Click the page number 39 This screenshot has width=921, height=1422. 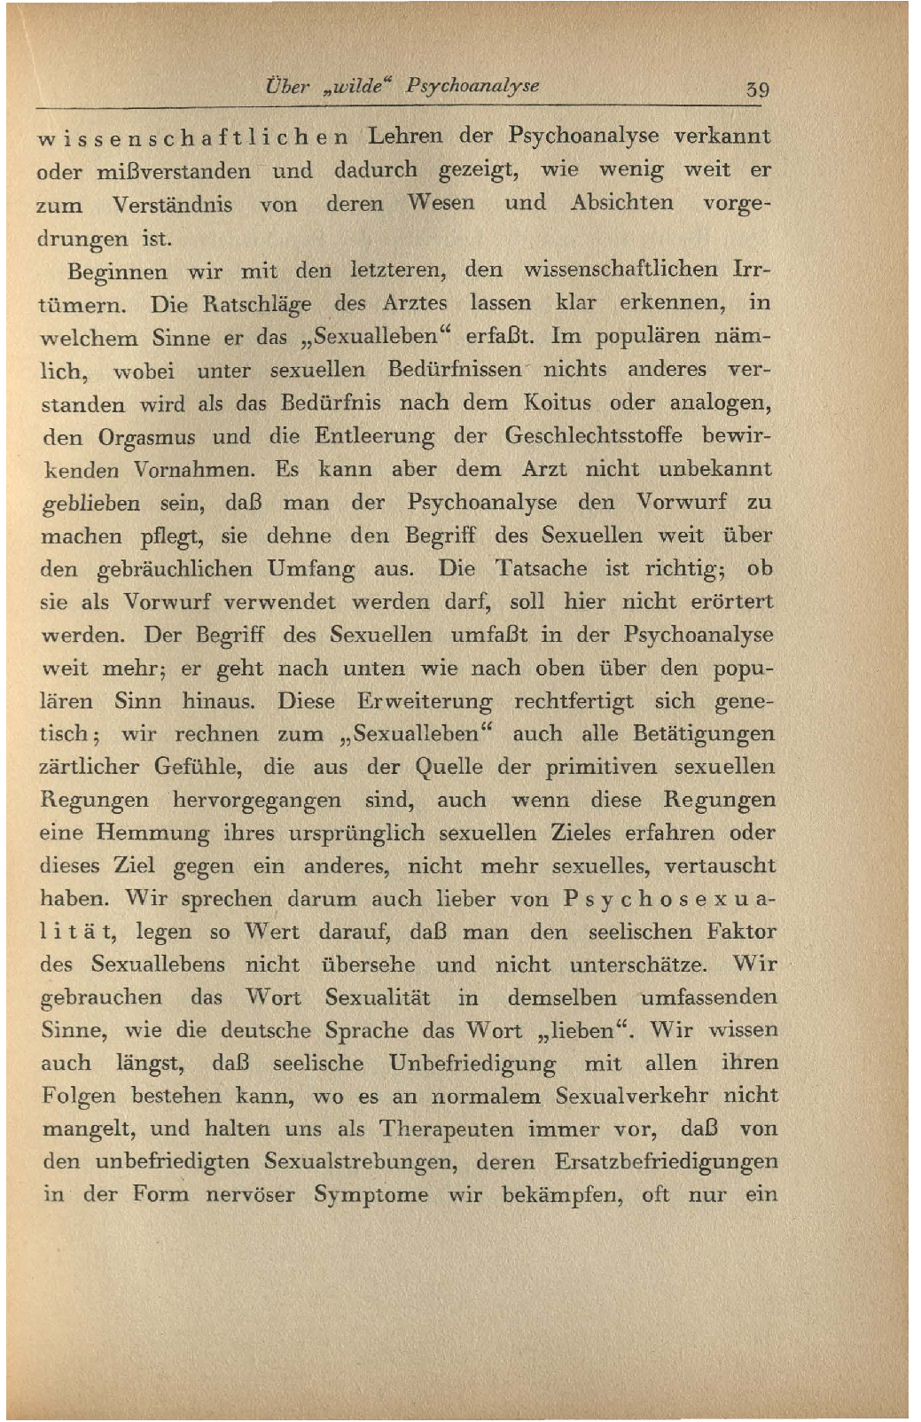[x=757, y=90]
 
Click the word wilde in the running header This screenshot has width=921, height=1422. [x=363, y=87]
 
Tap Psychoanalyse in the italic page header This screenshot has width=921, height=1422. [x=472, y=87]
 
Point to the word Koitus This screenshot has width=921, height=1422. [x=557, y=403]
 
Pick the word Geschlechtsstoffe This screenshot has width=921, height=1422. [x=593, y=436]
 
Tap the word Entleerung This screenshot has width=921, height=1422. [x=374, y=437]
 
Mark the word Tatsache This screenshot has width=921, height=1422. [x=541, y=568]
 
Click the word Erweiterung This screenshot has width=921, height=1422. [x=425, y=701]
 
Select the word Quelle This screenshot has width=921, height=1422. [x=449, y=767]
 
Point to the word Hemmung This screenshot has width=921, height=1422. [x=152, y=833]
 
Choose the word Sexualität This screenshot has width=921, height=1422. [x=378, y=997]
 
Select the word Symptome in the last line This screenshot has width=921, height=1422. [x=371, y=1195]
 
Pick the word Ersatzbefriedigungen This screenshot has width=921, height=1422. [x=666, y=1162]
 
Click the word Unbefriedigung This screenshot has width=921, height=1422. [x=472, y=1064]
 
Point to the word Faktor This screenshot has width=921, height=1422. [x=741, y=932]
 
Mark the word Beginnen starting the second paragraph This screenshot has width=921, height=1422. [x=117, y=271]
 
